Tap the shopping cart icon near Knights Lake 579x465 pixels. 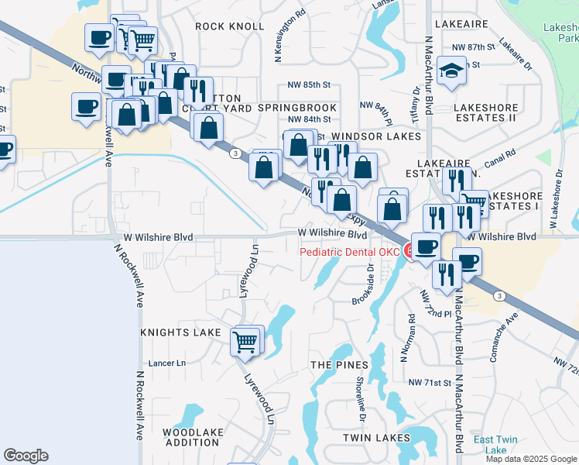(x=246, y=339)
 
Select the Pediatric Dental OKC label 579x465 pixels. (x=350, y=252)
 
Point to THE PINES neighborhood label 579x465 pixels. (x=337, y=364)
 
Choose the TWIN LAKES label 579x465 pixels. (x=376, y=438)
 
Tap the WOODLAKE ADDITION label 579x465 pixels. (x=194, y=438)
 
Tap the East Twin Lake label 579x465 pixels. (x=491, y=445)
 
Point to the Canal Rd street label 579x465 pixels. (x=501, y=160)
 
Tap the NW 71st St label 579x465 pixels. (x=430, y=383)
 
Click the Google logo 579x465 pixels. (x=26, y=456)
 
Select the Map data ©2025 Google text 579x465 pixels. (x=530, y=459)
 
